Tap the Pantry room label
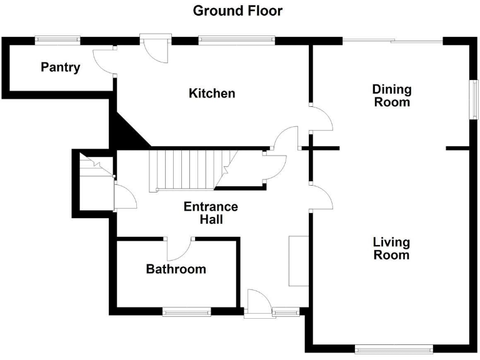click(61, 67)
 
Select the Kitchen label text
click(212, 93)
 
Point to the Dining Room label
click(392, 95)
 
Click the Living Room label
click(391, 248)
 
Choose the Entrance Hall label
click(211, 213)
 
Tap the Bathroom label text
click(176, 269)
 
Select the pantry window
click(57, 40)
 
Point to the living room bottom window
click(392, 349)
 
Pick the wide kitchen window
click(236, 40)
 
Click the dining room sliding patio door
click(392, 41)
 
